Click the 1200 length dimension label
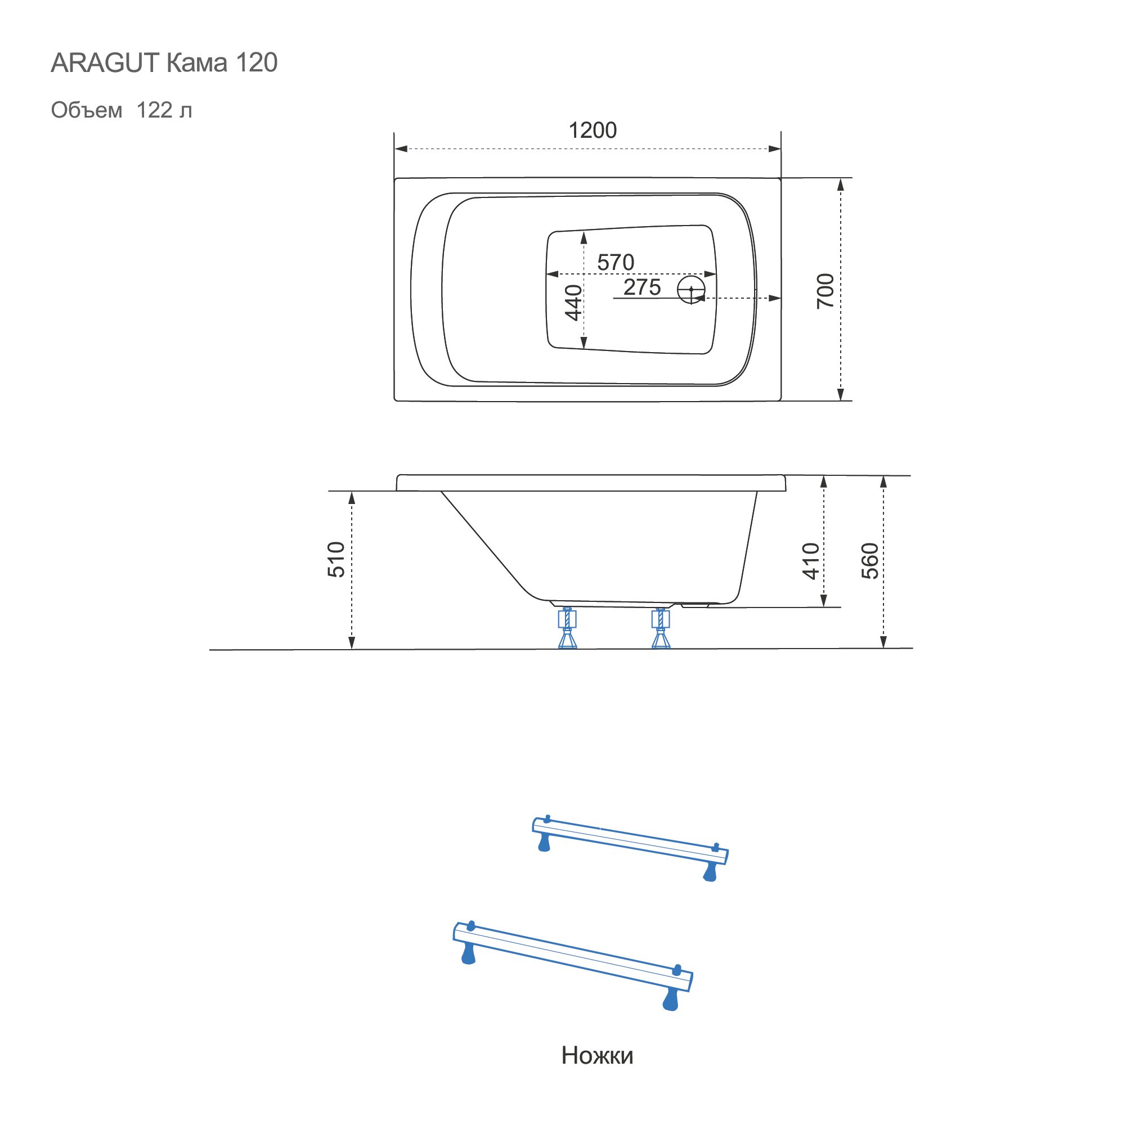(x=592, y=130)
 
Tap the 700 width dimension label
(x=826, y=291)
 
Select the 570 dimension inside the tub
(x=616, y=262)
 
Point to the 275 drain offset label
(x=641, y=287)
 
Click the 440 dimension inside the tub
(x=573, y=303)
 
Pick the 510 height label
(x=337, y=559)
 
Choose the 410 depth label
(x=811, y=561)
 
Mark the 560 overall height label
(x=869, y=560)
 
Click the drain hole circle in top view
(x=691, y=290)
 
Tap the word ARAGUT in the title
(x=105, y=63)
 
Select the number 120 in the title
(x=257, y=63)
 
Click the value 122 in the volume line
(x=154, y=110)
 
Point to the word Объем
(x=86, y=110)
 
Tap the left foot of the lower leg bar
(x=468, y=953)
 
